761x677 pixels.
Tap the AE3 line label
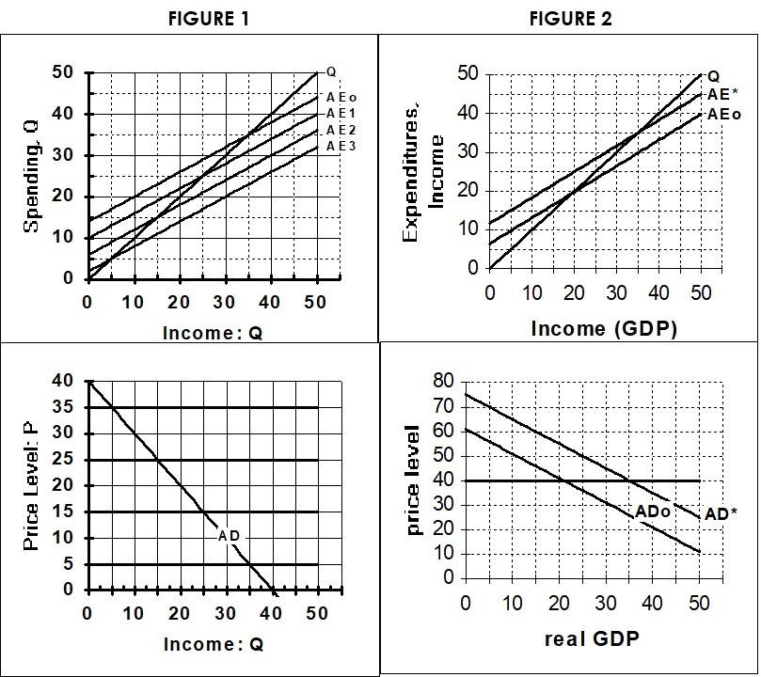coord(341,147)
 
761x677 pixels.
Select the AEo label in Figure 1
coord(341,97)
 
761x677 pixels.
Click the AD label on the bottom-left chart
coord(229,536)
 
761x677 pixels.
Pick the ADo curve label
coord(653,511)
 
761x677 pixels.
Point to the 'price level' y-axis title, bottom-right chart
coord(413,480)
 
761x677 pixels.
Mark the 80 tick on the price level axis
coord(443,382)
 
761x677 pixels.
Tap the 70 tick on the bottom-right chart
coord(443,406)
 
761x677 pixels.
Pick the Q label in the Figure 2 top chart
coord(713,76)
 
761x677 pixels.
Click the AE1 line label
coord(341,113)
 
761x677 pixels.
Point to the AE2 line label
coord(341,130)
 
